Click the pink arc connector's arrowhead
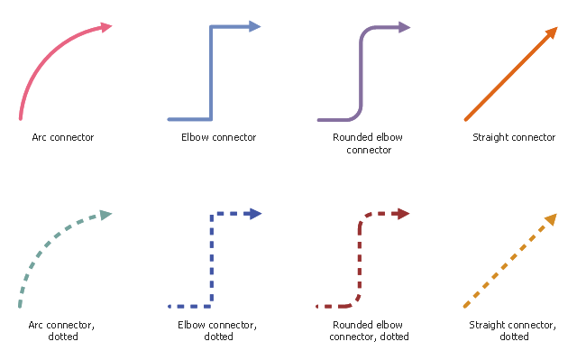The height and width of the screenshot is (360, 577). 106,27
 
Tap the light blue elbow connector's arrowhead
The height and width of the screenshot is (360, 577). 254,26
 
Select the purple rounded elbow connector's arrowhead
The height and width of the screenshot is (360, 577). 404,27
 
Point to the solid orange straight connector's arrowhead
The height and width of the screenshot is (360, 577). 552,32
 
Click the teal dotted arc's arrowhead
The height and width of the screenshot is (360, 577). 105,215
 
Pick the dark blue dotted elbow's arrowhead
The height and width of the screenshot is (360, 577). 255,214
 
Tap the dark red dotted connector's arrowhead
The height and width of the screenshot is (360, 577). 404,214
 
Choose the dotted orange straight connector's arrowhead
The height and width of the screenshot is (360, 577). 551,219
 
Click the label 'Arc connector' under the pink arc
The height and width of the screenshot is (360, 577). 63,137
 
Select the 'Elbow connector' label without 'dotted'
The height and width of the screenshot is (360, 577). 218,137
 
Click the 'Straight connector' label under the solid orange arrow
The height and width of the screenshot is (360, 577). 514,137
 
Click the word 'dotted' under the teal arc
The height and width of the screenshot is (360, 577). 63,337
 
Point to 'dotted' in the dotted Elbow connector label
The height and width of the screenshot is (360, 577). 218,337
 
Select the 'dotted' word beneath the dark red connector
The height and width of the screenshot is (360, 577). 394,337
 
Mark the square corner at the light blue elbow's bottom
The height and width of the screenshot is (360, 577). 211,119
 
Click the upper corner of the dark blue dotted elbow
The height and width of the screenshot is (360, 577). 212,214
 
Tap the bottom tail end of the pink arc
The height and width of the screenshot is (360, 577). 21,118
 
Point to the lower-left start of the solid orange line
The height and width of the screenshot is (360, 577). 465,120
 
